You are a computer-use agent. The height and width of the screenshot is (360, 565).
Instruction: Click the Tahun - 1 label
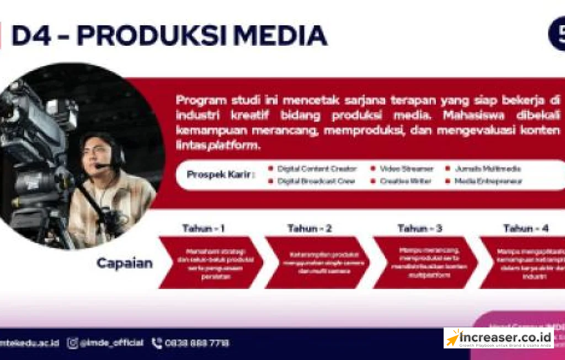pyautogui.click(x=204, y=228)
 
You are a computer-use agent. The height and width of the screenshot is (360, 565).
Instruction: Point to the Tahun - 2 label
pyautogui.click(x=310, y=228)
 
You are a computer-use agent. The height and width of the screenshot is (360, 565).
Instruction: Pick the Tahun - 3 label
pyautogui.click(x=420, y=228)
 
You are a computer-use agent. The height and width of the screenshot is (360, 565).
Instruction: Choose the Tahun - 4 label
pyautogui.click(x=526, y=228)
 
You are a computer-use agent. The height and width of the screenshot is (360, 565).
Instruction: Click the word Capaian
pyautogui.click(x=125, y=264)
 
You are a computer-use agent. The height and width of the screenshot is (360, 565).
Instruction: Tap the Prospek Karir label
pyautogui.click(x=221, y=175)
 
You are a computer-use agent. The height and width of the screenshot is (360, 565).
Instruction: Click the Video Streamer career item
pyautogui.click(x=409, y=169)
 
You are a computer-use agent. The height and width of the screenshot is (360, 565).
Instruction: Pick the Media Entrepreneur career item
pyautogui.click(x=488, y=181)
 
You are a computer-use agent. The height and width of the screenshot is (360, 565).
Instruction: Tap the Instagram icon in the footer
pyautogui.click(x=73, y=343)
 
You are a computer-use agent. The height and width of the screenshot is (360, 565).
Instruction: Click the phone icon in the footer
pyautogui.click(x=157, y=343)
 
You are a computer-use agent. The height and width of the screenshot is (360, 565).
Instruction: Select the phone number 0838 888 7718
pyautogui.click(x=197, y=343)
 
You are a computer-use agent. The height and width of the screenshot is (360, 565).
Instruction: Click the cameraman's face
pyautogui.click(x=99, y=154)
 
